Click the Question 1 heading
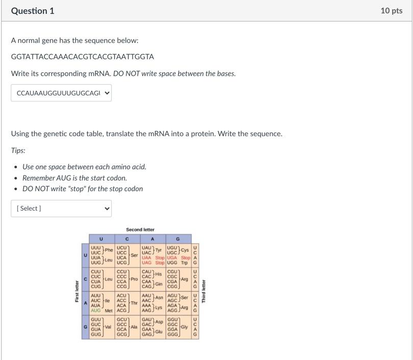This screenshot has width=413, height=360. [x=33, y=11]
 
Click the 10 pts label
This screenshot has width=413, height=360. [x=391, y=11]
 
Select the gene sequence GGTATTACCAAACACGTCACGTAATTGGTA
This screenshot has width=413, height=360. [x=82, y=57]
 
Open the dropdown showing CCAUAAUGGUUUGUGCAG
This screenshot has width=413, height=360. [x=61, y=93]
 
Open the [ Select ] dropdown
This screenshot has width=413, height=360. [x=61, y=208]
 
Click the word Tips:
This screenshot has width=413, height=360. [x=18, y=150]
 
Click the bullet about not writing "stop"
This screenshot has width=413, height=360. [x=83, y=189]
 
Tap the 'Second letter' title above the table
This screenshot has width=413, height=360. [x=140, y=229]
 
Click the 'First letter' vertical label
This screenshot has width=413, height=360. [x=77, y=291]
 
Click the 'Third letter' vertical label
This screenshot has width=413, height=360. [x=203, y=291]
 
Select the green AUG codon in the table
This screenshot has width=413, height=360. [x=96, y=311]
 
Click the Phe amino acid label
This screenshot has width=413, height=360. [x=109, y=250]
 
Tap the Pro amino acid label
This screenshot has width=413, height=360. [x=134, y=279]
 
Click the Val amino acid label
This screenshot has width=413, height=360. [x=108, y=327]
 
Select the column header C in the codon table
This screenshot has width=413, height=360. [x=127, y=239]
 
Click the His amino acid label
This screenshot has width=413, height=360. [x=159, y=274]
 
